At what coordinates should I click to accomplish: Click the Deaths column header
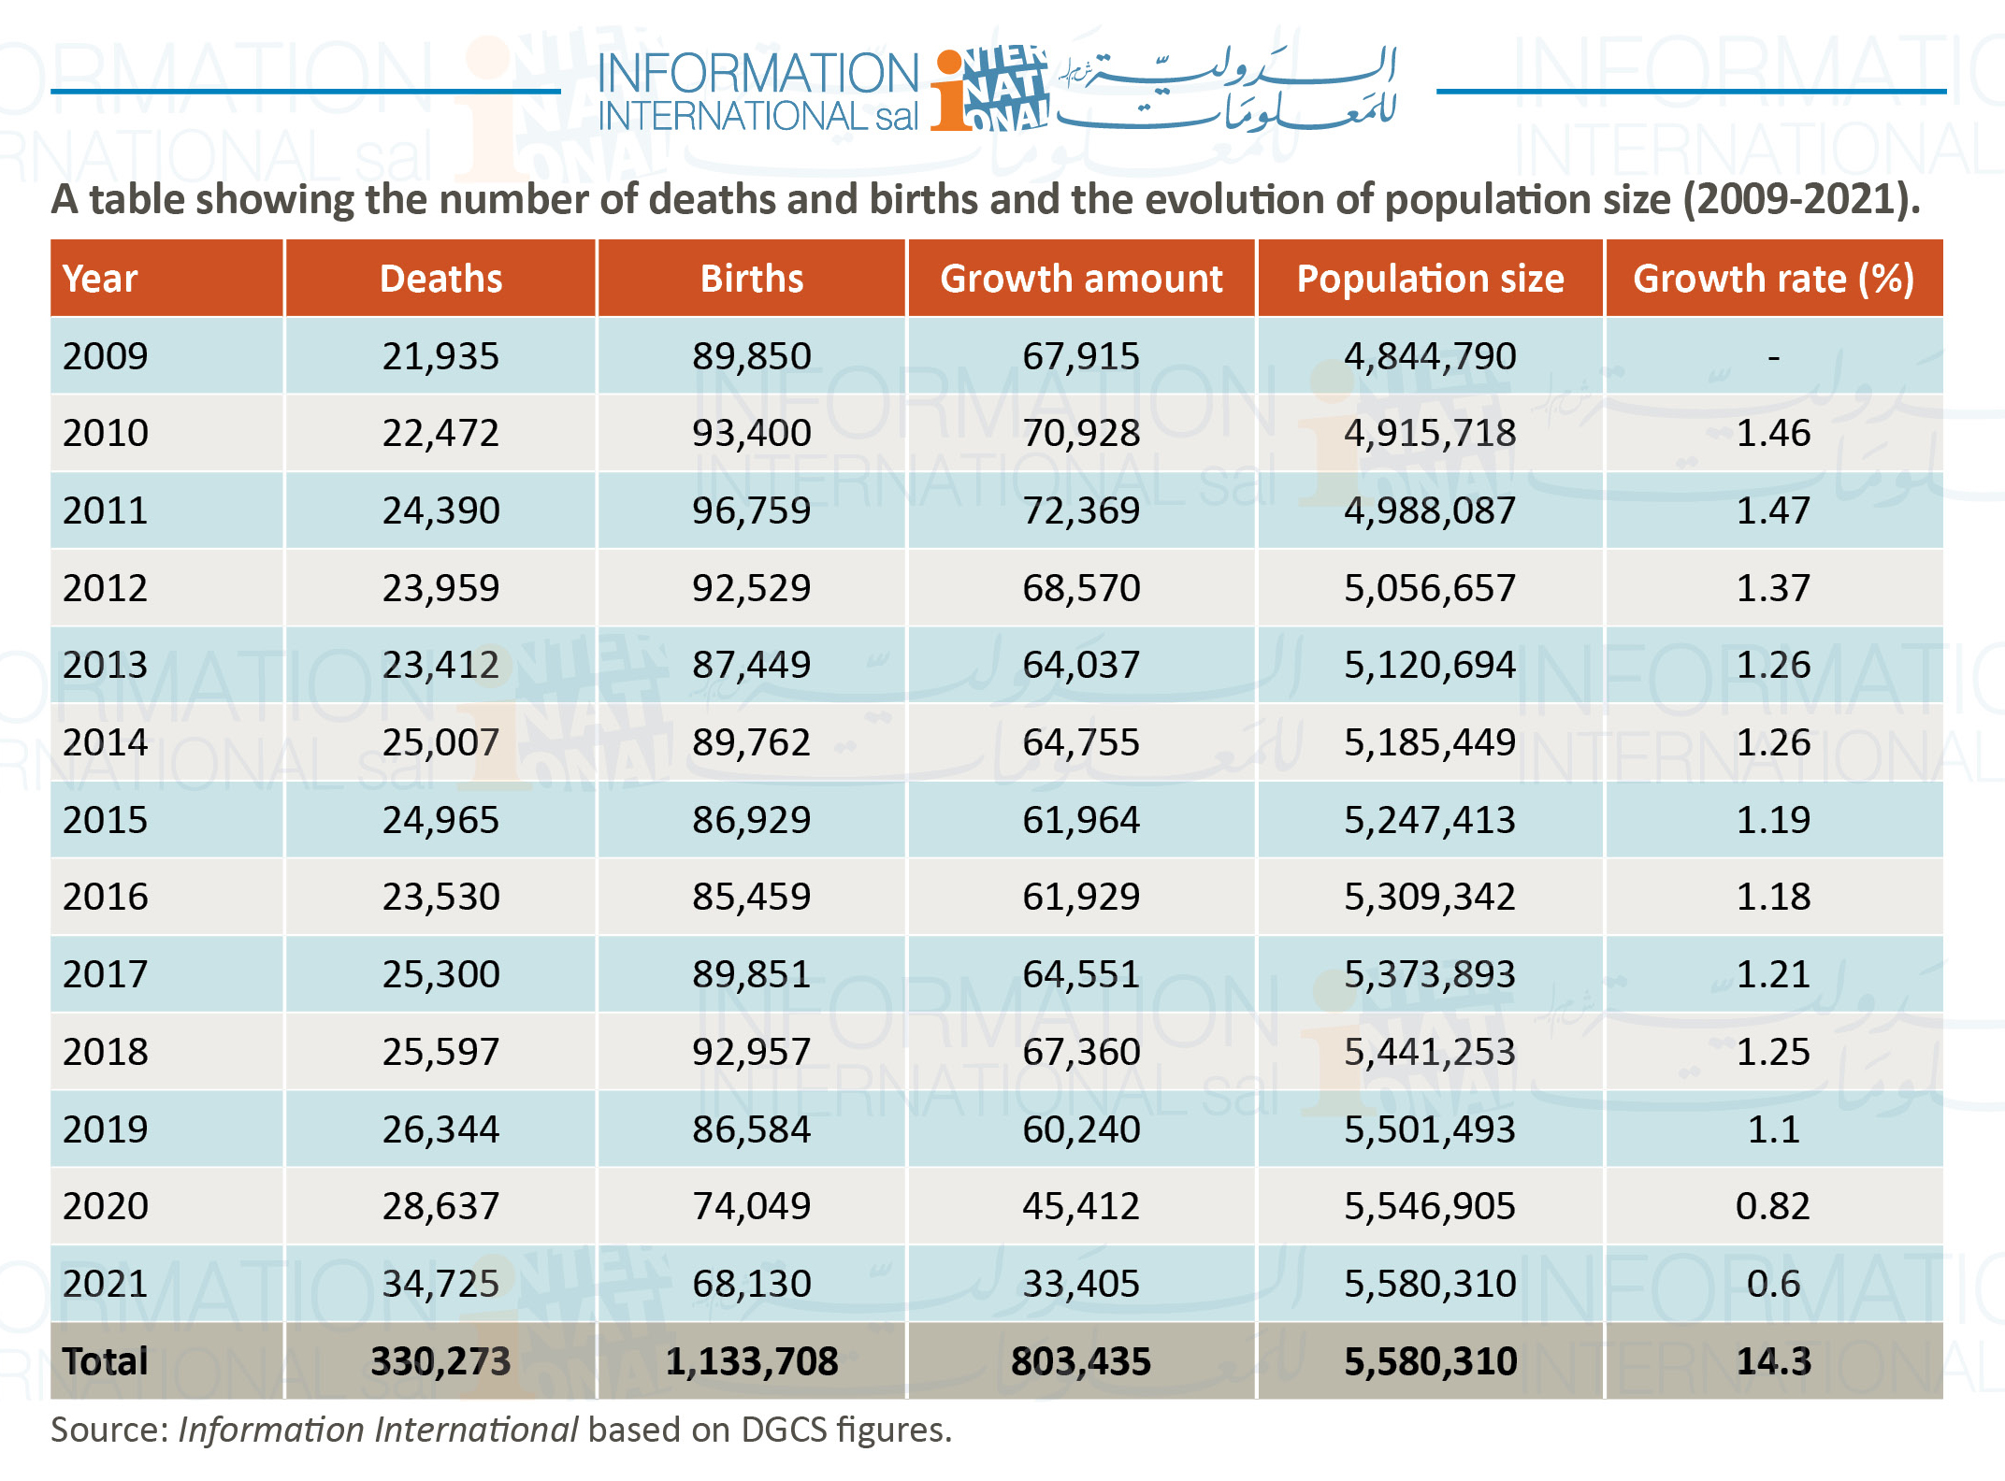coord(440,279)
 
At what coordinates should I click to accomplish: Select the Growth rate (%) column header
coord(1773,279)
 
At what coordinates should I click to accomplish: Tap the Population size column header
coord(1430,279)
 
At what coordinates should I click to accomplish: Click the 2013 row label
coord(106,665)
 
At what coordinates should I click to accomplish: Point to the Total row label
coord(105,1361)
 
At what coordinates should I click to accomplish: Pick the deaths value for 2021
coord(440,1284)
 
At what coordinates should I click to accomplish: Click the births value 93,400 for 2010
coord(752,433)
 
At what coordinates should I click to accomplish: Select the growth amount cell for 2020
coord(1081,1206)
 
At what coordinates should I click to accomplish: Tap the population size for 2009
coord(1430,356)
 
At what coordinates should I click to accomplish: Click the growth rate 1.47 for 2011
coord(1773,510)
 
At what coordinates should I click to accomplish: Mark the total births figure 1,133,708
coord(752,1361)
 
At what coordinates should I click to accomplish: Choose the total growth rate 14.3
coord(1773,1361)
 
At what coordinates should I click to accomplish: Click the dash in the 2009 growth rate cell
coord(1773,357)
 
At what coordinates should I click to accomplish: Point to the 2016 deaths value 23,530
coord(440,897)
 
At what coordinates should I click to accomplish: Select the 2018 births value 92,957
coord(752,1052)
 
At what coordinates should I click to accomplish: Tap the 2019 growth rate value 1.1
coord(1773,1129)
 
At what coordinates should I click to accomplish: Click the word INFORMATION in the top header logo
coord(758,73)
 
